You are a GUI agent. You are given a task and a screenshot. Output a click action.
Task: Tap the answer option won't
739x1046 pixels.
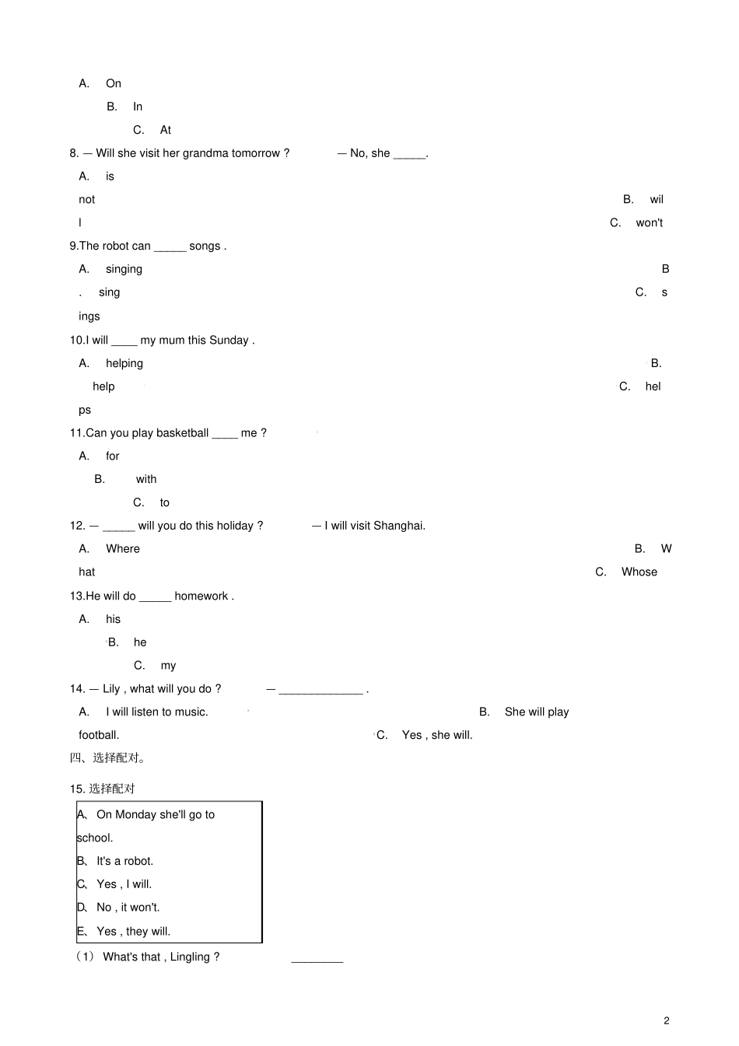point(649,223)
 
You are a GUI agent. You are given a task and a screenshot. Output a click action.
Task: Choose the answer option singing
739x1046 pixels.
point(124,269)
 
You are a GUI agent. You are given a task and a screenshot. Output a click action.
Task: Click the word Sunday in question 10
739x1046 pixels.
point(229,340)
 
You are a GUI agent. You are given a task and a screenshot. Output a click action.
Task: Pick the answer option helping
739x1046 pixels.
point(124,363)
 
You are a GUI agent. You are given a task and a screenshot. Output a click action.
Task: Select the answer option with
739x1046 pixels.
point(146,479)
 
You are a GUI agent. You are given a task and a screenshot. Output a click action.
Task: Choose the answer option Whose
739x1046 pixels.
point(639,572)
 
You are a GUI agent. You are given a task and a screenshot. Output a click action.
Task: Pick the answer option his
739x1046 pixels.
point(114,619)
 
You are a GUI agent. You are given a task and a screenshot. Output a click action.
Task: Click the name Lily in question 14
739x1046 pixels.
point(111,689)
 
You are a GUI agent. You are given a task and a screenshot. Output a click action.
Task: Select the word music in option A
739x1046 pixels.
point(191,712)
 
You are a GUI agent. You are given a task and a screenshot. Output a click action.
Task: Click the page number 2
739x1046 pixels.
point(666,1021)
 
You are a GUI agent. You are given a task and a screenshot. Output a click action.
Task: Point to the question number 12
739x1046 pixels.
point(77,526)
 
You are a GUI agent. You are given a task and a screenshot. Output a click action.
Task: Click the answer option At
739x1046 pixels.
point(166,130)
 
